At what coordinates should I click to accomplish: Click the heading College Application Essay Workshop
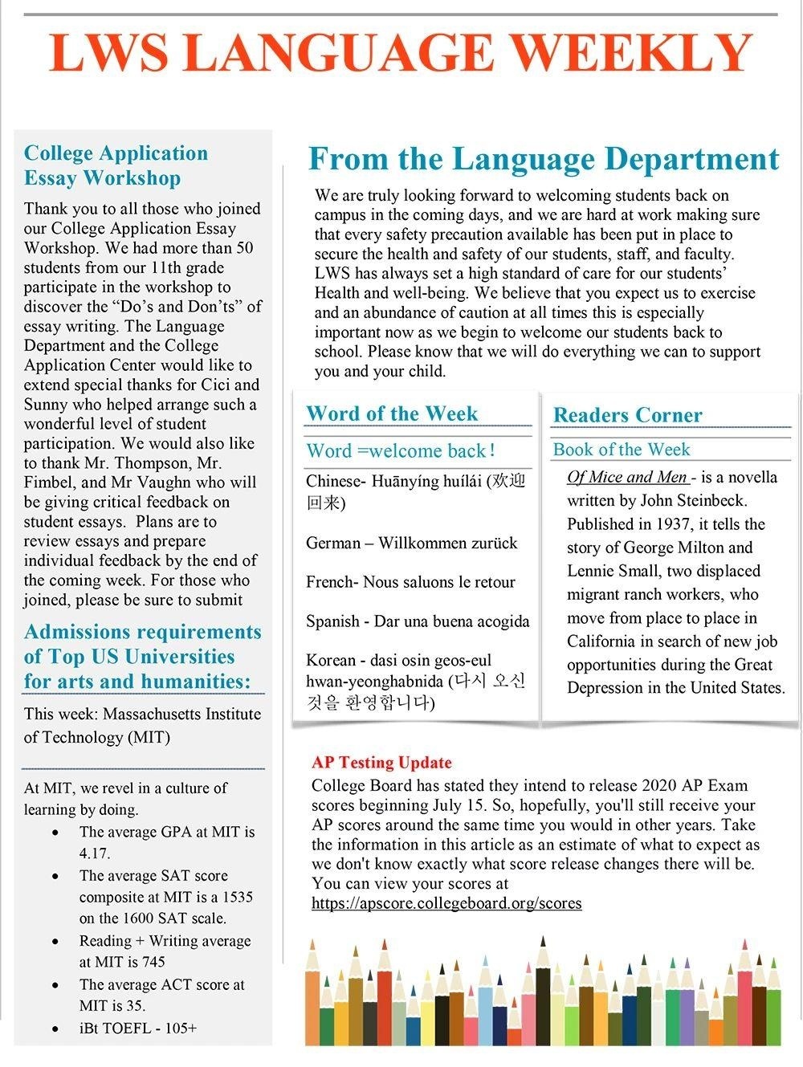[116, 165]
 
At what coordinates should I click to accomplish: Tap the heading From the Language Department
[544, 159]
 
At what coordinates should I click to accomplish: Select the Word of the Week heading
[392, 413]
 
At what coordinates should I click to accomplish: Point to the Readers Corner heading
[627, 415]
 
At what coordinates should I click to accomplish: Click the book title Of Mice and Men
[627, 477]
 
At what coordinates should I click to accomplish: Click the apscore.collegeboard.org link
[446, 902]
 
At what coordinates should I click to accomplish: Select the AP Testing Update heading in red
[381, 762]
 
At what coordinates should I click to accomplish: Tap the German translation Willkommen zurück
[447, 543]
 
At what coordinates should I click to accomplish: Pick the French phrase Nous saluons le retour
[439, 582]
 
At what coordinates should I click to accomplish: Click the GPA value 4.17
[95, 853]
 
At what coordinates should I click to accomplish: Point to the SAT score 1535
[237, 897]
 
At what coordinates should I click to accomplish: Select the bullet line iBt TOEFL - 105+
[137, 1028]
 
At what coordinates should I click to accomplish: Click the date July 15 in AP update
[461, 804]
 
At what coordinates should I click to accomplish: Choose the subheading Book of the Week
[622, 450]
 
